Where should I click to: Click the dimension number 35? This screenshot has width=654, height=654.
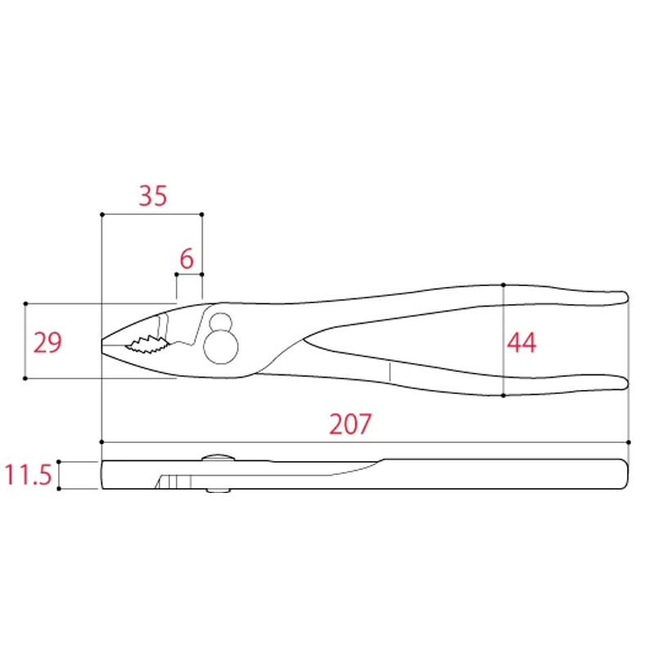pyautogui.click(x=153, y=195)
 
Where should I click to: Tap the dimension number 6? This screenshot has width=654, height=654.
pyautogui.click(x=186, y=258)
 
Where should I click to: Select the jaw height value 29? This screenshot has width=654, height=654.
pyautogui.click(x=47, y=343)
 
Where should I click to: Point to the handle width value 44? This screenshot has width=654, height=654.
pyautogui.click(x=522, y=343)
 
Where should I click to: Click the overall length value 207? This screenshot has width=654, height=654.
pyautogui.click(x=350, y=424)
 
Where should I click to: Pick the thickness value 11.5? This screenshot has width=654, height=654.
pyautogui.click(x=28, y=475)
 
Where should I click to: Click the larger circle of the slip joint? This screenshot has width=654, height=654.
pyautogui.click(x=221, y=347)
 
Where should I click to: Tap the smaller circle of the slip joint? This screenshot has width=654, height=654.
pyautogui.click(x=221, y=323)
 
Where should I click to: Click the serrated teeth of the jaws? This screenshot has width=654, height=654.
pyautogui.click(x=147, y=344)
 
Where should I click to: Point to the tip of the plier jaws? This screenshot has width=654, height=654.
pyautogui.click(x=102, y=345)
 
